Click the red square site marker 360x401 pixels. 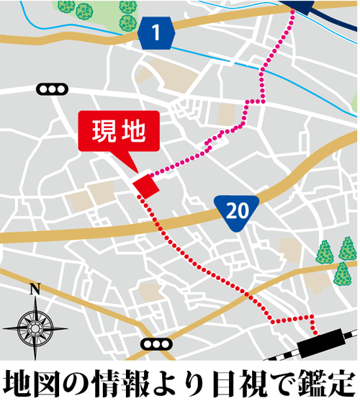click(x=145, y=184)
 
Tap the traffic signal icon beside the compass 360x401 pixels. click(x=155, y=345)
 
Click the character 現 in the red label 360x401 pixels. click(x=103, y=131)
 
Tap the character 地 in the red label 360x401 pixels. click(x=133, y=131)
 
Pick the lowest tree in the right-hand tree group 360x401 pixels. click(x=342, y=272)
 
